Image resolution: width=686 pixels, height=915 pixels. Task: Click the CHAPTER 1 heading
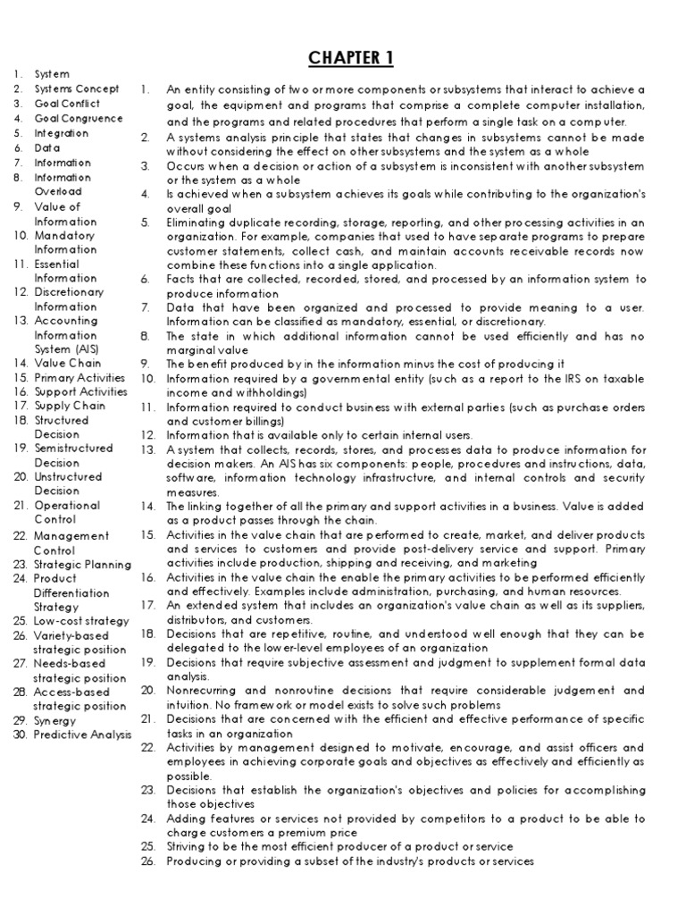[350, 59]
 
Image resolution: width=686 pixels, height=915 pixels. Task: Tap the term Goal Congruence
[79, 118]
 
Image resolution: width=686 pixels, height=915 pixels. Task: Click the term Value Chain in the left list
[68, 363]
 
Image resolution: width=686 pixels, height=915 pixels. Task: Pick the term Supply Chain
[70, 406]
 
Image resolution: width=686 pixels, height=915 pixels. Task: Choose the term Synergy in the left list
[54, 720]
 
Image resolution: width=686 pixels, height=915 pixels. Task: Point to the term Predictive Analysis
[82, 735]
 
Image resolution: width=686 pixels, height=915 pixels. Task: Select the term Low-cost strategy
[81, 620]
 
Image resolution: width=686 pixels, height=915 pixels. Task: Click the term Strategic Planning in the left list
[82, 564]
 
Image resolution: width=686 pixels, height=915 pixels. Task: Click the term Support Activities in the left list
[80, 391]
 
